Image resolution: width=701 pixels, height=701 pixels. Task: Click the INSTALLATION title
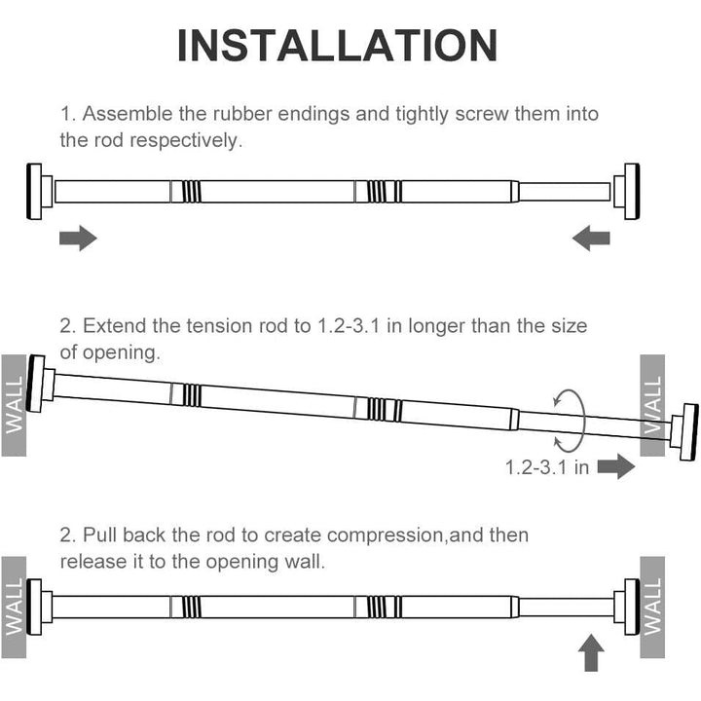tap(337, 45)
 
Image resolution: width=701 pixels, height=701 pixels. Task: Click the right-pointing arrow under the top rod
tap(78, 238)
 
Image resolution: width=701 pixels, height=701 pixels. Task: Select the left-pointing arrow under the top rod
tap(591, 238)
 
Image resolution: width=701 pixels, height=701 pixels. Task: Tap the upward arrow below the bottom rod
tap(591, 652)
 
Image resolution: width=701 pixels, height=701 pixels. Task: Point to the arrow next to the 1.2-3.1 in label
tap(616, 466)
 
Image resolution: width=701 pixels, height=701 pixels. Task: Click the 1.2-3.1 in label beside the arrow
tap(547, 467)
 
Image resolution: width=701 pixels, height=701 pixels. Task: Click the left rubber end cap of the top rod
tap(39, 192)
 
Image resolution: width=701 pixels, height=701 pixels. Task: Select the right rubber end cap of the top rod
tap(627, 192)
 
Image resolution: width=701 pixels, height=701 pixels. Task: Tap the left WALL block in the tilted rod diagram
tap(14, 405)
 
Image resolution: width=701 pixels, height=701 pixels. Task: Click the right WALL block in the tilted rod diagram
tap(652, 405)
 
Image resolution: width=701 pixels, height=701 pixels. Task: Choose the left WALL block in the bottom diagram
tap(14, 608)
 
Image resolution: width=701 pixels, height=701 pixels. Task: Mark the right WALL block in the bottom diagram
tap(652, 608)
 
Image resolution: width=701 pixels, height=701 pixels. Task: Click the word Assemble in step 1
tap(128, 114)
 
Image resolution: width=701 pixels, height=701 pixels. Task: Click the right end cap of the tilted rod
tap(684, 431)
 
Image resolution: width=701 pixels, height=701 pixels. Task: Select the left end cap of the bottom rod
tap(39, 607)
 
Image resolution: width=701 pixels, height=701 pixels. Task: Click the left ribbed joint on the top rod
tap(186, 192)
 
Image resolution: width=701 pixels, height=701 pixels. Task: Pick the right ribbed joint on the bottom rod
tap(378, 607)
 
